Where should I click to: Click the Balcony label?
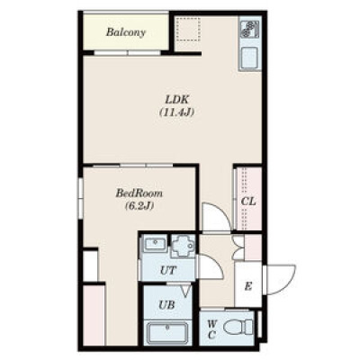[126, 32]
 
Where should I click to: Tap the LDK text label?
[176, 99]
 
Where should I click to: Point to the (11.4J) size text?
[176, 112]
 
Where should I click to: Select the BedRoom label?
[139, 193]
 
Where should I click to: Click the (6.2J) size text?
[139, 206]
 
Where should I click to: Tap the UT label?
[168, 271]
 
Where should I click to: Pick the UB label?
[166, 305]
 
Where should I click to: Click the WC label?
[212, 329]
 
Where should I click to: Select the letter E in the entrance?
[247, 287]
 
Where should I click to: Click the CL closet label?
[248, 202]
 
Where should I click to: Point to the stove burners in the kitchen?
[248, 30]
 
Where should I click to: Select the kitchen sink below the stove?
[249, 58]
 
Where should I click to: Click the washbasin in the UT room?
[155, 243]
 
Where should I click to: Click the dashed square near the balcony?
[188, 29]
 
